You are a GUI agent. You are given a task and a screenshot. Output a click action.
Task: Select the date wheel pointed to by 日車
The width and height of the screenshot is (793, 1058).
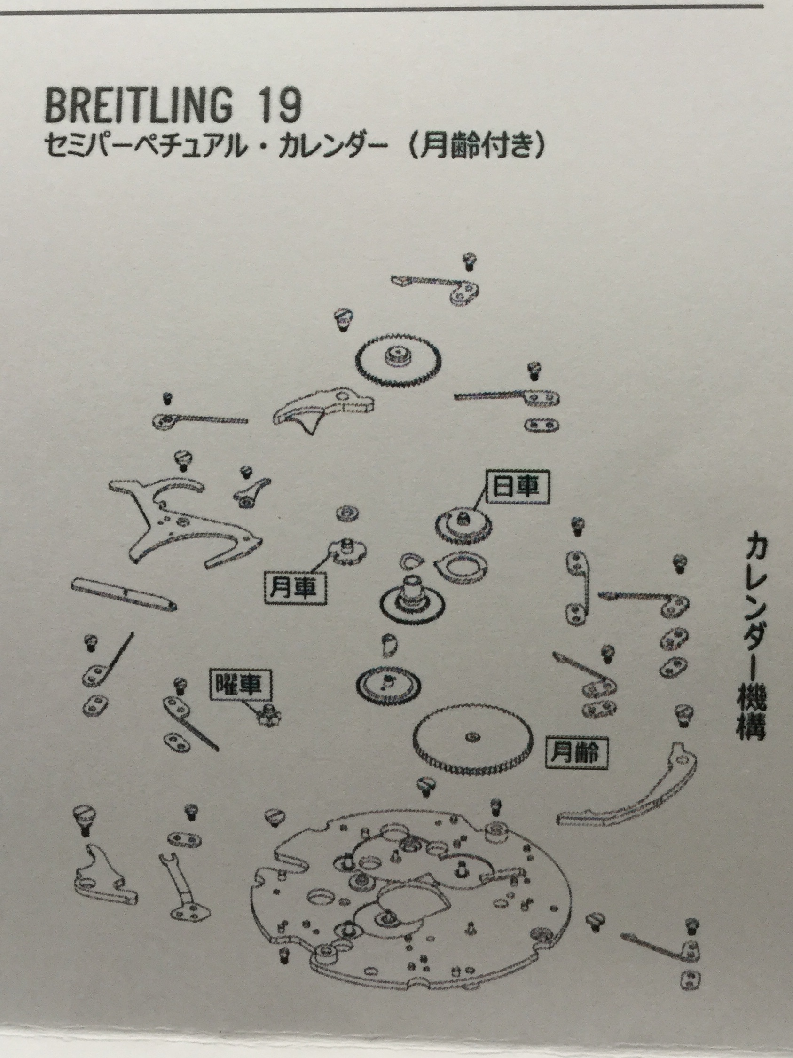(x=463, y=525)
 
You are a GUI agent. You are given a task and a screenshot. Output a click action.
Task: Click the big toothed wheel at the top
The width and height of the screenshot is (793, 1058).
(x=398, y=359)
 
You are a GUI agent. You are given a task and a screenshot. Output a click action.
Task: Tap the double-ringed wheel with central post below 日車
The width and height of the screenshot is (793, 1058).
(x=412, y=600)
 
